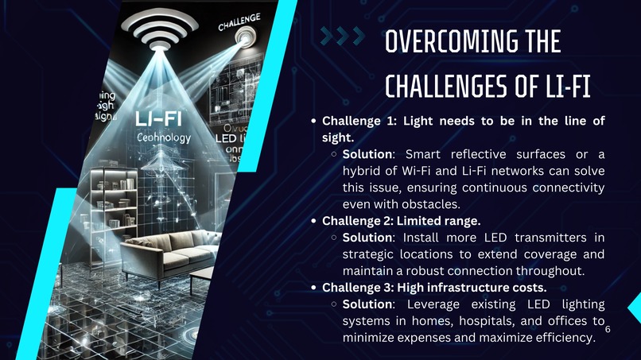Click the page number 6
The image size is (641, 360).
click(608, 328)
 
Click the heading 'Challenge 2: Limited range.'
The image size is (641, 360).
click(401, 220)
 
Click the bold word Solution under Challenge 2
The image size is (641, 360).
click(367, 238)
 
